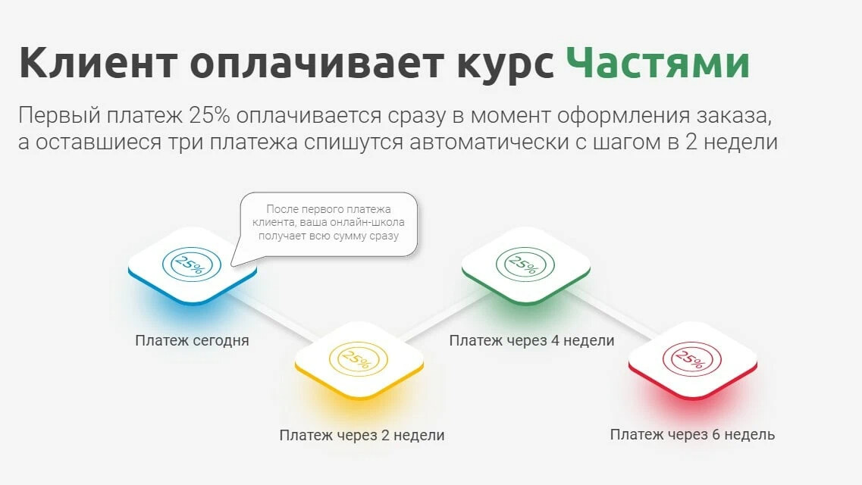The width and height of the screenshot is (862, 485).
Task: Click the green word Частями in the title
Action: (x=657, y=64)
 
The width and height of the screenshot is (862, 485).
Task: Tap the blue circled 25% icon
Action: (x=192, y=265)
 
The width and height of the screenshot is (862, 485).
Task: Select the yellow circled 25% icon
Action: (x=359, y=358)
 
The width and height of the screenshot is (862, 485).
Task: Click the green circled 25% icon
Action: (x=525, y=265)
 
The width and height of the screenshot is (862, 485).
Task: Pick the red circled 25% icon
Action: (x=693, y=358)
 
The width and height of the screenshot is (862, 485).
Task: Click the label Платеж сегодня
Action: (x=192, y=341)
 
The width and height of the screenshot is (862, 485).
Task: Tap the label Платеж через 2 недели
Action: (x=362, y=436)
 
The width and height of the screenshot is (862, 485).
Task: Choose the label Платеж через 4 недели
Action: (x=531, y=341)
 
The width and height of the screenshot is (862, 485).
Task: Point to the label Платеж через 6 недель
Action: (x=692, y=435)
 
